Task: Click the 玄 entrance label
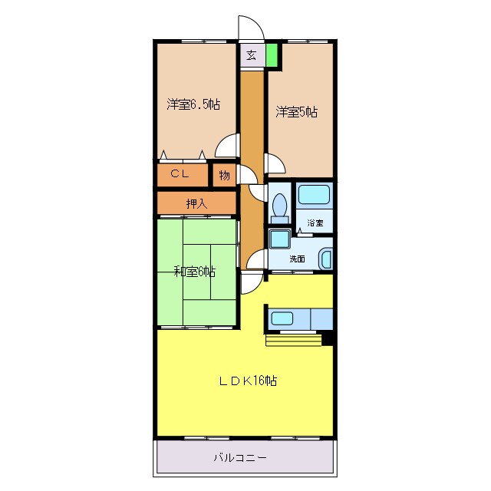(x=251, y=55)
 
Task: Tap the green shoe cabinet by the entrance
(x=272, y=55)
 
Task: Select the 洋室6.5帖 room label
(x=193, y=104)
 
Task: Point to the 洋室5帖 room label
(x=296, y=112)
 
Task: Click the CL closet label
(x=180, y=173)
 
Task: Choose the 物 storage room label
(x=225, y=176)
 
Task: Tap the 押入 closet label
(x=196, y=204)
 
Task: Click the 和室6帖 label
(x=194, y=272)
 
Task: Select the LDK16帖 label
(x=248, y=381)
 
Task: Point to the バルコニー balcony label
(x=240, y=458)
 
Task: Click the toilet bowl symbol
(x=279, y=206)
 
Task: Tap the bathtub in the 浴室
(x=314, y=194)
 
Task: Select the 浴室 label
(x=315, y=223)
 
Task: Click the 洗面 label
(x=297, y=259)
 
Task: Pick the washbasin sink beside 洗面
(x=326, y=260)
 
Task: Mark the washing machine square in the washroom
(x=279, y=239)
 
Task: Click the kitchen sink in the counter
(x=282, y=318)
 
